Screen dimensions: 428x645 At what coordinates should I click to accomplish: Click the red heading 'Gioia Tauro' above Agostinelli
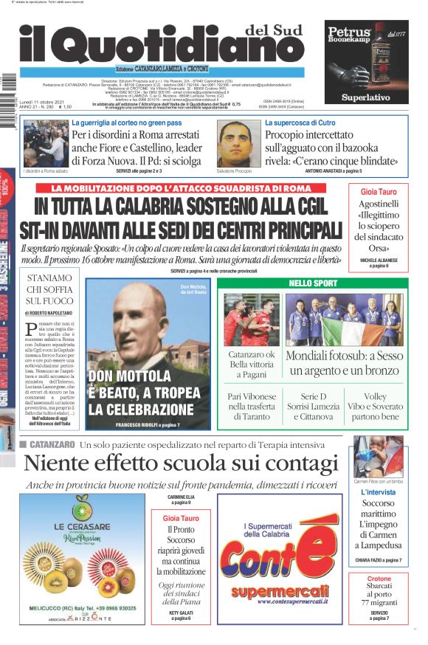pos(378,191)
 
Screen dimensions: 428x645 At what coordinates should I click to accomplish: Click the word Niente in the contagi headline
pos(63,463)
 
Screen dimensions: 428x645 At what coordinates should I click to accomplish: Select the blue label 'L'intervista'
pos(378,491)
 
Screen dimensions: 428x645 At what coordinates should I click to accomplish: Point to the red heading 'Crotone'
pos(379,578)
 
